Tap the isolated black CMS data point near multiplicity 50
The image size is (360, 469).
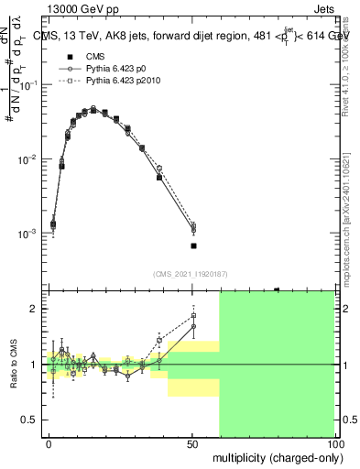click(193, 245)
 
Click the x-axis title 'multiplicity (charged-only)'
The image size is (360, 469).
click(275, 456)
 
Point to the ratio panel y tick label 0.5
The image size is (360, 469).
click(29, 420)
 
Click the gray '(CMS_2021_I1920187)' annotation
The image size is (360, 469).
click(191, 273)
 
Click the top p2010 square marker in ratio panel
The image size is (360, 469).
click(193, 316)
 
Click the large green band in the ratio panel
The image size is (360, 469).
click(277, 366)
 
